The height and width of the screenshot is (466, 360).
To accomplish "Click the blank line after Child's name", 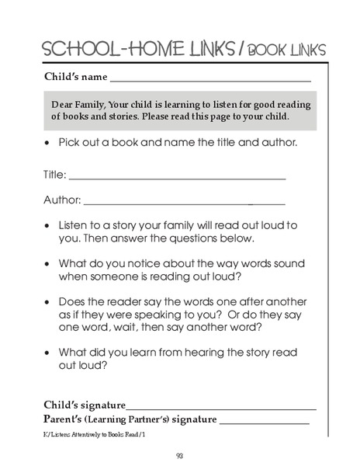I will click(x=210, y=81).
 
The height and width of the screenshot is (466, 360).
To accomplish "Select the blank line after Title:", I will click(x=177, y=179).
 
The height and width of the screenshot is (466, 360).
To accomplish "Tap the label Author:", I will click(x=62, y=200).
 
